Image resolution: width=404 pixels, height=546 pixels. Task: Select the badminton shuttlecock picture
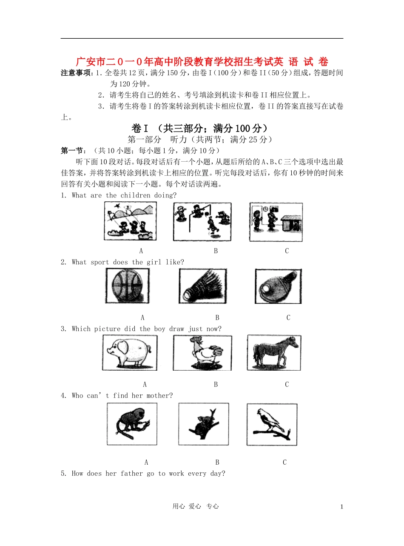[x=202, y=286]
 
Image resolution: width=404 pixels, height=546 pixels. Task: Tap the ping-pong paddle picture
[x=278, y=286]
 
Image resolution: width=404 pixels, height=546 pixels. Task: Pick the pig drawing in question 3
[x=129, y=352]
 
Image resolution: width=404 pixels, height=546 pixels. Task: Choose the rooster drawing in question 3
[x=202, y=353]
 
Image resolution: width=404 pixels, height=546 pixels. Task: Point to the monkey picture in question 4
[x=132, y=424]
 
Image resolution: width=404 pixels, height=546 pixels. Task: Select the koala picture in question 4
[x=203, y=424]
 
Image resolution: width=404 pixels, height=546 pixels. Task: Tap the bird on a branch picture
[x=272, y=424]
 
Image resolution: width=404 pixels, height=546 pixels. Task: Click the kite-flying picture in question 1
[x=130, y=220]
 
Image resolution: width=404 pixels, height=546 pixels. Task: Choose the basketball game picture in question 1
[x=202, y=220]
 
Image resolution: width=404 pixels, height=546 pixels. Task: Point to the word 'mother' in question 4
[x=159, y=396]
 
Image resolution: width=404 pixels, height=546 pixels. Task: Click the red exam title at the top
[x=202, y=62]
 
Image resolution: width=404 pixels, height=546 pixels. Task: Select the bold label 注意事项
[x=77, y=73]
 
